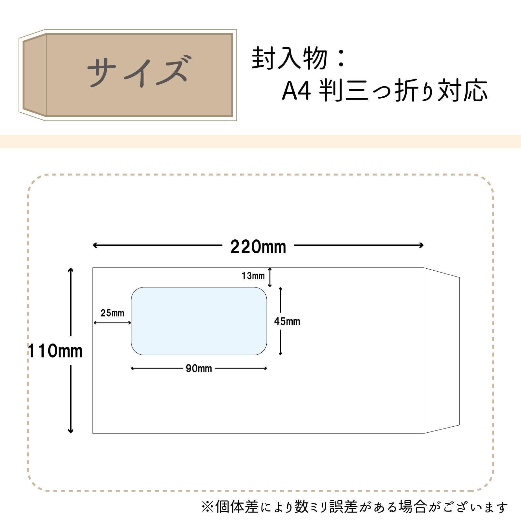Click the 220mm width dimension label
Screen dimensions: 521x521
pos(258,247)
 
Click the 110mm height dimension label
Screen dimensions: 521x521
pos(55,351)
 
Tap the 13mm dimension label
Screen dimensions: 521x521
pos(253,276)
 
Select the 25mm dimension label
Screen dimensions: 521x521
pos(112,313)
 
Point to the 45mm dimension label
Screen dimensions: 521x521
pos(287,322)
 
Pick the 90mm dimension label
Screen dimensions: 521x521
pos(199,369)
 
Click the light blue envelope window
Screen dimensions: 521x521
pos(199,321)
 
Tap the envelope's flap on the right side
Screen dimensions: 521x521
pos(442,351)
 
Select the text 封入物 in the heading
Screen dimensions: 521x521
pos(289,59)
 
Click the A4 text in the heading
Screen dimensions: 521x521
pos(296,91)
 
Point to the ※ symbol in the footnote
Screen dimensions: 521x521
pos(207,507)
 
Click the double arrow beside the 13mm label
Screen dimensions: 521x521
pos(270,277)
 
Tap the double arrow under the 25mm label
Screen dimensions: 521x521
pos(112,323)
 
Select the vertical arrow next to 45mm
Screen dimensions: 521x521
pos(280,321)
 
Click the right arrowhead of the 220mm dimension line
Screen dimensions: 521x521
pos(422,245)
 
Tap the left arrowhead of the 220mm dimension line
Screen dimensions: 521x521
pos(94,245)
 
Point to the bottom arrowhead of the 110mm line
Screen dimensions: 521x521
pos(71,431)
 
